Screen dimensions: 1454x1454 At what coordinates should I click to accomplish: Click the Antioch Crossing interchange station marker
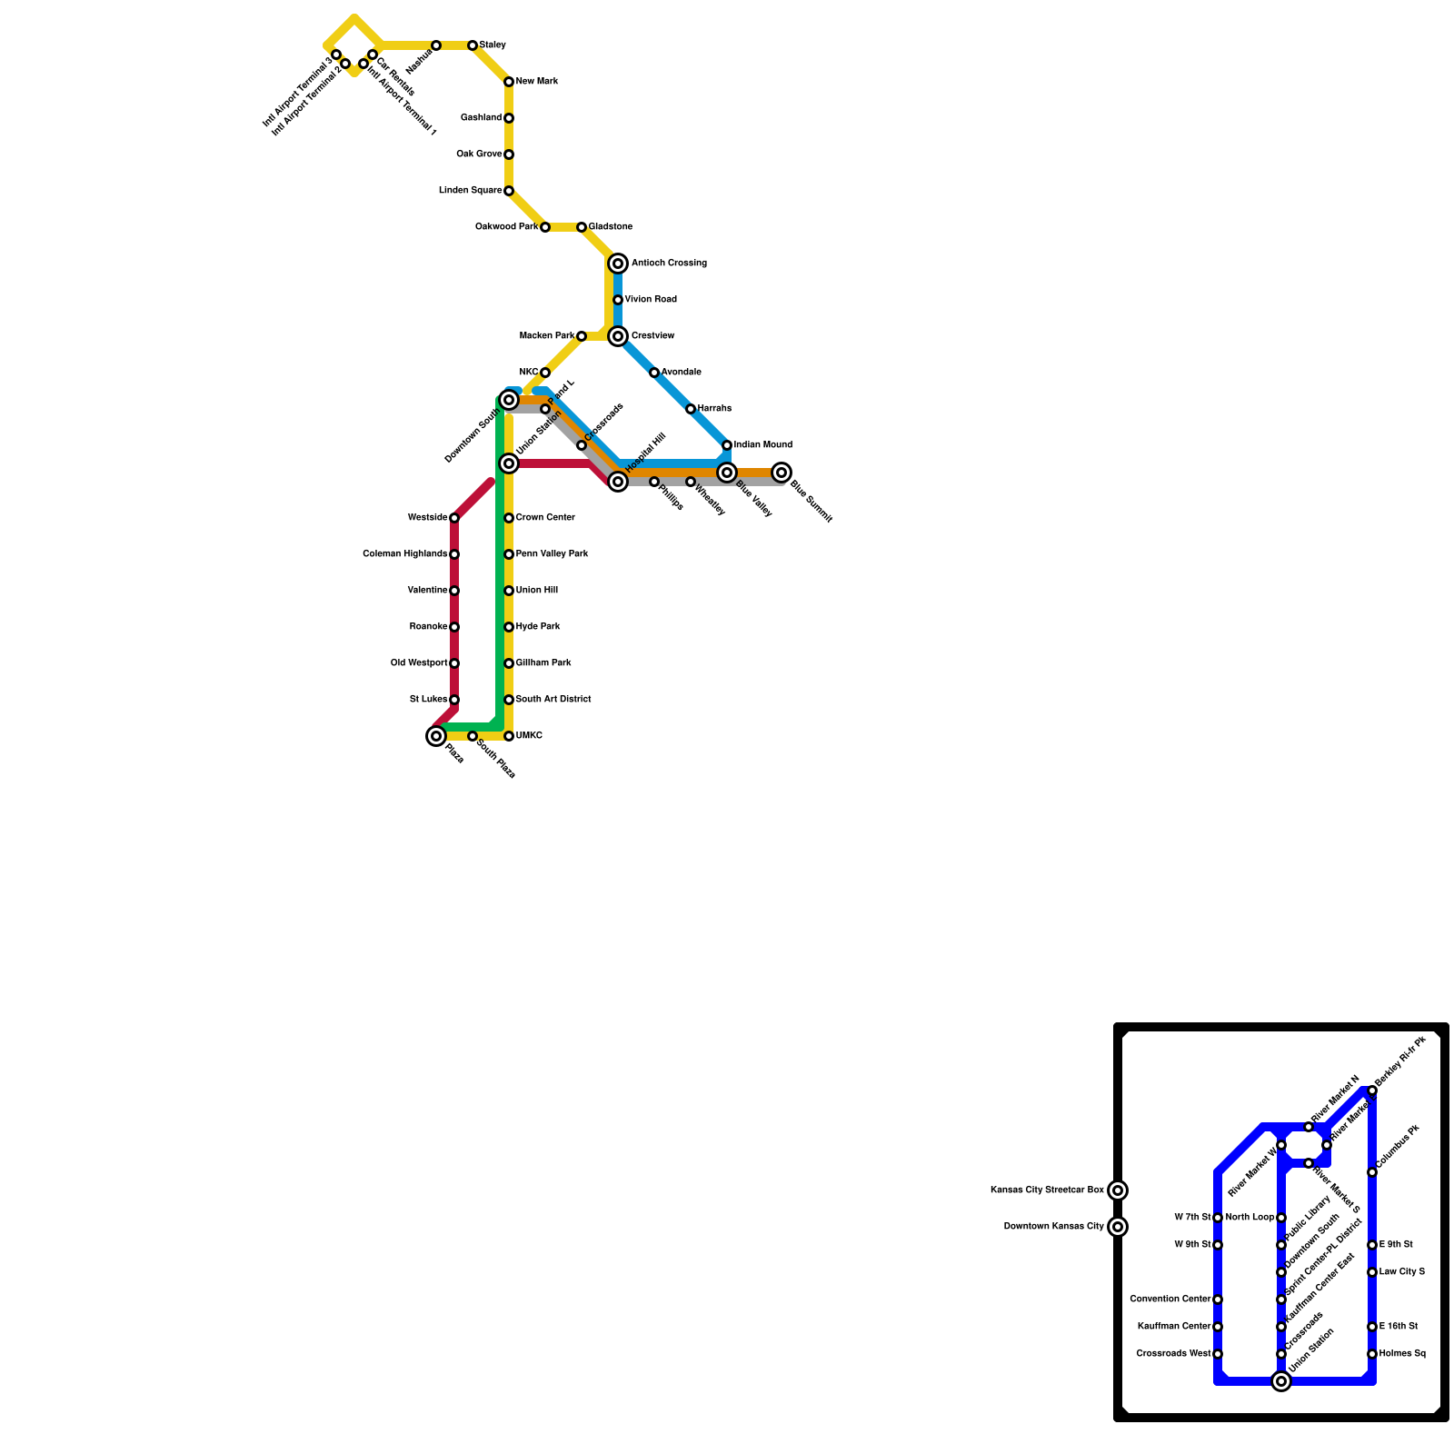(x=618, y=264)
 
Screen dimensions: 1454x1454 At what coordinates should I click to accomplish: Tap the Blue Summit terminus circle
(x=782, y=473)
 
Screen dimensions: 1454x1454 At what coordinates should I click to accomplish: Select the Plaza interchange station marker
(x=436, y=736)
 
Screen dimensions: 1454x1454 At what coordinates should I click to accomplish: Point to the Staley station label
(x=493, y=45)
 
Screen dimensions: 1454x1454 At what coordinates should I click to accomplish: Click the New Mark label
(x=536, y=82)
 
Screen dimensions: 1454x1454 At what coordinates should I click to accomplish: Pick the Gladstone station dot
(x=582, y=227)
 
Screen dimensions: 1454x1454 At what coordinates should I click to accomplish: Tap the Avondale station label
(x=681, y=373)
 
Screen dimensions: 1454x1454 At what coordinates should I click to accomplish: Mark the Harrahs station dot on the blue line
(x=691, y=409)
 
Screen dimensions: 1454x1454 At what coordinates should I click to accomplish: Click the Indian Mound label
(x=762, y=445)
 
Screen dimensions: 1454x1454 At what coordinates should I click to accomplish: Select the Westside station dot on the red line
(x=454, y=518)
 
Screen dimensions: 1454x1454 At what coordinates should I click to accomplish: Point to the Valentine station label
(x=427, y=591)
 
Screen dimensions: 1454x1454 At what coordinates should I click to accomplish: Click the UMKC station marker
(x=509, y=736)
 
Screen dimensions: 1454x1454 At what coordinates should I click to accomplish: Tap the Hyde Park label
(x=538, y=627)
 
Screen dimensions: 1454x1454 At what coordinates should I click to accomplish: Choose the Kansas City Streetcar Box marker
(x=1118, y=1190)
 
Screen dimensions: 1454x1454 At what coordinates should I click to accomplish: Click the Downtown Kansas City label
(x=1053, y=1227)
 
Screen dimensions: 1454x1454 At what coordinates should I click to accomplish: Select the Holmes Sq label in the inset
(x=1402, y=1354)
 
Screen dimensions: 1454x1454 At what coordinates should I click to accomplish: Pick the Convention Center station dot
(x=1218, y=1300)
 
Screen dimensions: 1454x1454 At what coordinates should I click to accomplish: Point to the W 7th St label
(x=1192, y=1218)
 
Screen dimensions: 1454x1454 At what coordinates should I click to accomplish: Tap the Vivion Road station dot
(x=618, y=300)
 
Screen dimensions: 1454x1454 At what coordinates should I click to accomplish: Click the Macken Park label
(x=546, y=336)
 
